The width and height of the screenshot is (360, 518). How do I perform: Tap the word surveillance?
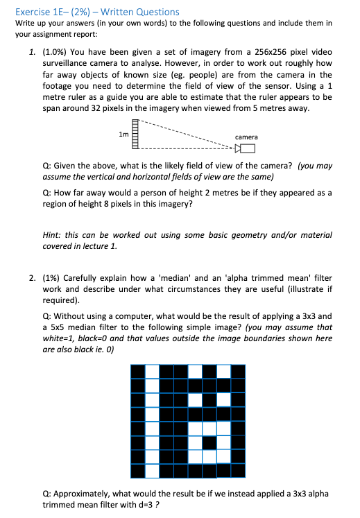(71, 64)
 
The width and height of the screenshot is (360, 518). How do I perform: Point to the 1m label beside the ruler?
(123, 135)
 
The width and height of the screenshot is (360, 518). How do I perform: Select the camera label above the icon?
(246, 137)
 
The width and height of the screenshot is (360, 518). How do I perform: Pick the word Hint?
(52, 236)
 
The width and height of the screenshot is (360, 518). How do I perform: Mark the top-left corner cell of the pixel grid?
(137, 371)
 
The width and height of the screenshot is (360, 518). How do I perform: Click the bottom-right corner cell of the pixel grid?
(239, 472)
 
